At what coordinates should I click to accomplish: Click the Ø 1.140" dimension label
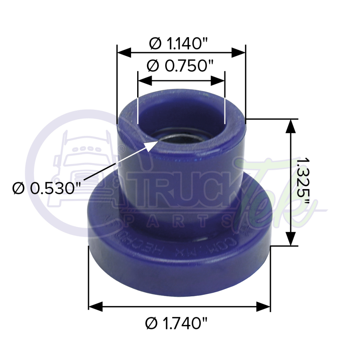[179, 44]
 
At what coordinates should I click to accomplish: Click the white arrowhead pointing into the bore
[151, 144]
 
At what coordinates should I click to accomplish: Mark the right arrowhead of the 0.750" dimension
[218, 80]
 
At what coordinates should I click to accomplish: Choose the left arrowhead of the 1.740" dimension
[96, 307]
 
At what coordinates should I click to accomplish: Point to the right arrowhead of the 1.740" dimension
[263, 307]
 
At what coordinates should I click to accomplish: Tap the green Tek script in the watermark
[274, 194]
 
